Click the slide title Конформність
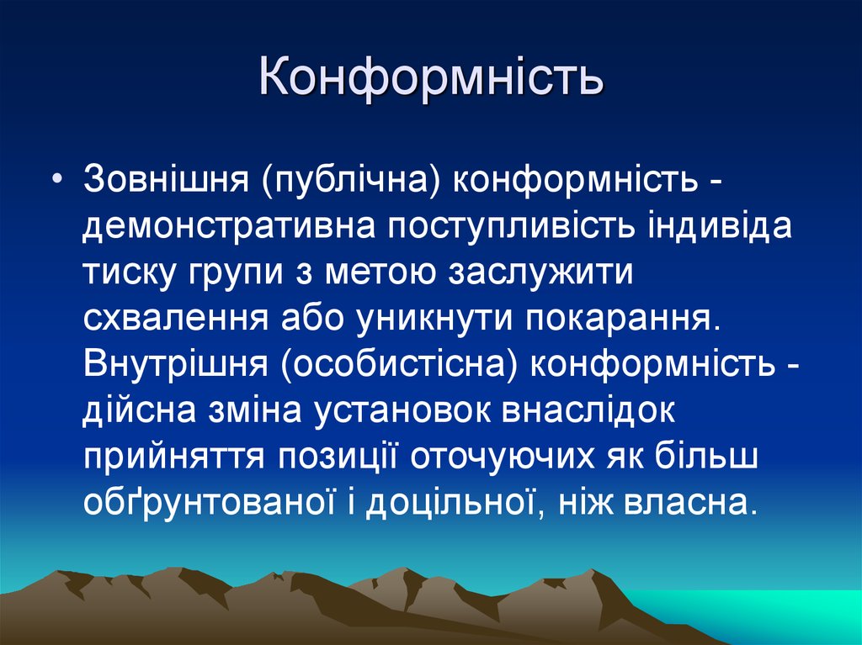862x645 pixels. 430,77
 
